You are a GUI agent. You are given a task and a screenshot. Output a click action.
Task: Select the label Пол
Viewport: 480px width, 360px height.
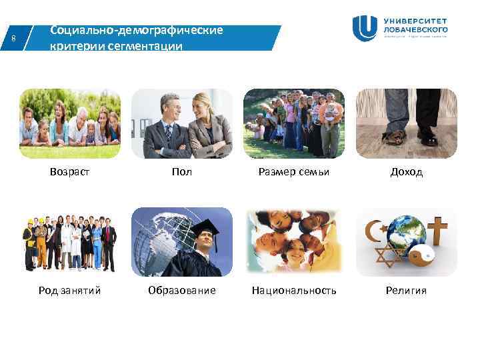point(181,172)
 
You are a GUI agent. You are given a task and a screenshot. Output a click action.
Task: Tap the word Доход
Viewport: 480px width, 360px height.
point(406,172)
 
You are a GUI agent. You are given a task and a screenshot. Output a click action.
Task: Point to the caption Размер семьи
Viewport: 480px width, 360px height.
point(294,172)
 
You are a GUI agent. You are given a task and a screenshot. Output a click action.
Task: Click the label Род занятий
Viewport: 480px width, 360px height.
point(69,291)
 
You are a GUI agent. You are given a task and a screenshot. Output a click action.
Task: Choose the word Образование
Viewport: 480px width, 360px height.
point(181,291)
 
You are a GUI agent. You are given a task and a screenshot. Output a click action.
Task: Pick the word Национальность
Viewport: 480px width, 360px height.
point(294,291)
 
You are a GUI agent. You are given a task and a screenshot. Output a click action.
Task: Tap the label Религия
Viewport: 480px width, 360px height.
point(406,291)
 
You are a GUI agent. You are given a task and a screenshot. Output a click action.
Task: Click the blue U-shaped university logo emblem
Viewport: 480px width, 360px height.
point(365,28)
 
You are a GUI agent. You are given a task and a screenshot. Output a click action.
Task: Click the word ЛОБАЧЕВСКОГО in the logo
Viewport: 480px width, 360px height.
point(415,29)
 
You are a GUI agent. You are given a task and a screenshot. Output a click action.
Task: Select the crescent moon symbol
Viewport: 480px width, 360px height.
point(372,231)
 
